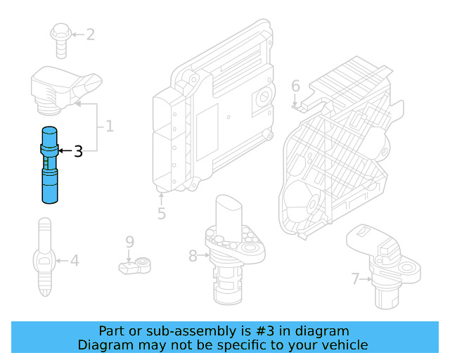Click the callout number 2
tap(90, 34)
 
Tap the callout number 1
tap(109, 127)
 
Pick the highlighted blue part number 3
tap(50, 165)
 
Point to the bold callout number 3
tap(78, 150)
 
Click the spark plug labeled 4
tap(44, 257)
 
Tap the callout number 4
tap(75, 262)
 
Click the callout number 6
tap(295, 86)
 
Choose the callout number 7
tap(356, 280)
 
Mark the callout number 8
tap(193, 256)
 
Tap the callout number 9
tap(129, 242)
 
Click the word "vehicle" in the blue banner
tap(342, 345)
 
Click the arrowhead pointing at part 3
tap(60, 150)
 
